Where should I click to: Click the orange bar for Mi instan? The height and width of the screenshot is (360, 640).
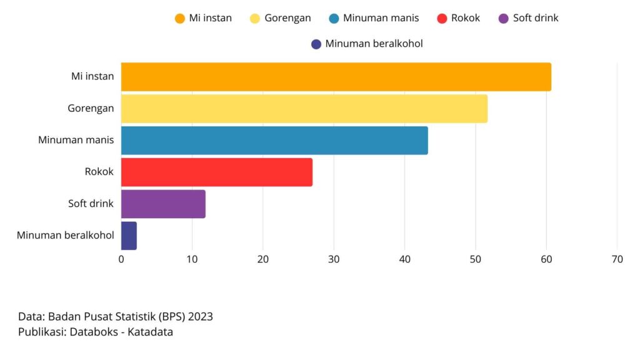(x=336, y=77)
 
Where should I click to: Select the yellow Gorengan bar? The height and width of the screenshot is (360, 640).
(x=304, y=109)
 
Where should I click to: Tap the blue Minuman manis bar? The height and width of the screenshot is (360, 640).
(x=274, y=141)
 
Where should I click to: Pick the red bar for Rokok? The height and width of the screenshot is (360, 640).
(x=216, y=172)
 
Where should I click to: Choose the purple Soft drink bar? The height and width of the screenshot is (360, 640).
(x=162, y=204)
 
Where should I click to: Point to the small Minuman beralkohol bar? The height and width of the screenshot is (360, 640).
(x=129, y=236)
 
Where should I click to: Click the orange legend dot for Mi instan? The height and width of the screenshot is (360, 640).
(x=180, y=18)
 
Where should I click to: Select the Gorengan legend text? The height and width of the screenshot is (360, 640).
(x=287, y=18)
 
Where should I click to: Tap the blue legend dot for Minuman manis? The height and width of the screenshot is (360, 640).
(x=334, y=18)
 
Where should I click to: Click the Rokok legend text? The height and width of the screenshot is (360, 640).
(x=466, y=18)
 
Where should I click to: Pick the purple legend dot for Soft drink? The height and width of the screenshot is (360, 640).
(x=504, y=18)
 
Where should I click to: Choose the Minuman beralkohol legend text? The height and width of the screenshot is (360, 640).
(x=374, y=44)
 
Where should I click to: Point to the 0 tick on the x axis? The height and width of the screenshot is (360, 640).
(x=121, y=259)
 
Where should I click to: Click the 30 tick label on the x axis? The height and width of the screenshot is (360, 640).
(x=334, y=259)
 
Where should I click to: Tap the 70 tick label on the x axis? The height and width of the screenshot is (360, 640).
(x=617, y=259)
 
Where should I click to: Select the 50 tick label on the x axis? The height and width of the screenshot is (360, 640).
(x=476, y=259)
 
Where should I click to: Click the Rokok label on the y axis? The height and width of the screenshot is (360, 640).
(x=99, y=171)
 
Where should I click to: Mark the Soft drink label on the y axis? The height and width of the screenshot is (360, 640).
(x=91, y=203)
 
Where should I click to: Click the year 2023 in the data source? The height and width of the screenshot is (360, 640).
(x=200, y=317)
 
